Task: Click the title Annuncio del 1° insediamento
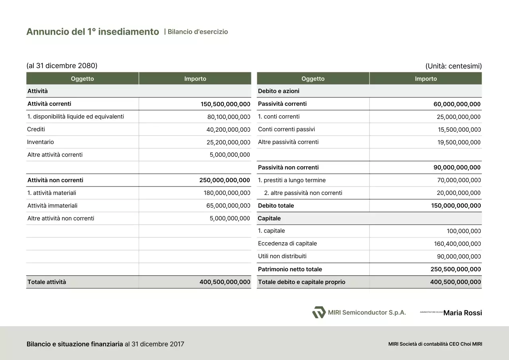coord(93,32)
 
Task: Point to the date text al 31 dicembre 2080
coord(62,66)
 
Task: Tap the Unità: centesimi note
coord(453,66)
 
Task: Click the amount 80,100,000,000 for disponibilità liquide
coord(229,117)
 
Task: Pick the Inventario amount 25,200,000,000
coord(228,142)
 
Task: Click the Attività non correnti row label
coord(55,180)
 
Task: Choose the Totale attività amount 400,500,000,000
coord(225,282)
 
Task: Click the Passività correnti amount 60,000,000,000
coord(457,104)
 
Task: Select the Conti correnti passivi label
coord(286,129)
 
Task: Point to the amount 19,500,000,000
coord(459,142)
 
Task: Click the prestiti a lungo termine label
coord(292,180)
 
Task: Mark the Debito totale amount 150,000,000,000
coord(456,206)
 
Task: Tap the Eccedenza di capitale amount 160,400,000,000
coord(457,244)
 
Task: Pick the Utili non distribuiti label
coord(282,256)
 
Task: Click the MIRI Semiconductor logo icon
coord(319,313)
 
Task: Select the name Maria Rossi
coord(462,313)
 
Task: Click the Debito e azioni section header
coord(279,91)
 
